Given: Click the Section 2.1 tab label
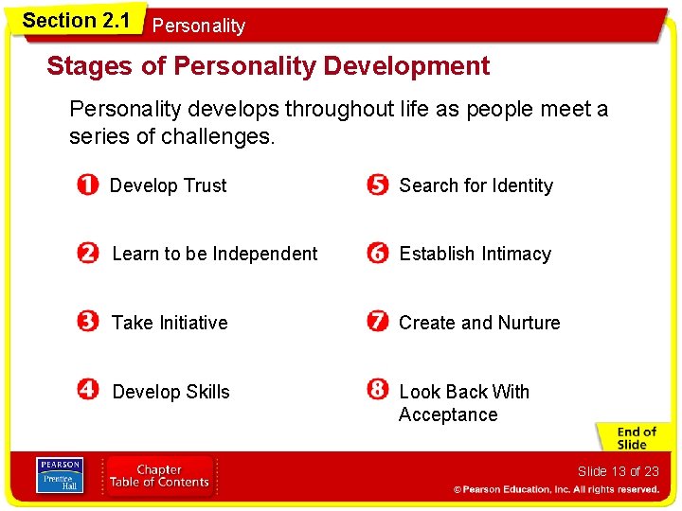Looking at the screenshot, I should click(76, 20).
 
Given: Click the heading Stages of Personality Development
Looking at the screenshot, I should click(268, 66).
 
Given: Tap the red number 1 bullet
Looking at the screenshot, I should click(87, 185).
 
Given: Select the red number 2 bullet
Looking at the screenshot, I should click(88, 254).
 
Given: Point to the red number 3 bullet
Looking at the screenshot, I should click(88, 323).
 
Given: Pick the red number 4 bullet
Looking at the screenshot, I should click(88, 391).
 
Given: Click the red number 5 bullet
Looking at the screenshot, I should click(378, 185).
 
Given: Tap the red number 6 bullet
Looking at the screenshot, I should click(378, 254).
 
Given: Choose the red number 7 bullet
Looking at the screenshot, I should click(378, 323).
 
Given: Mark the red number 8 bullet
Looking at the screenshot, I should click(378, 391).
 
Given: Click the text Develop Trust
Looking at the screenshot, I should click(169, 185).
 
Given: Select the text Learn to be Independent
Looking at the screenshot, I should click(215, 254).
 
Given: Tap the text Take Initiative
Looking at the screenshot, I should click(170, 323).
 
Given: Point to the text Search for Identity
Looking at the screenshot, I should click(476, 185).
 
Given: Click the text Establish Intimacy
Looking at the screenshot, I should click(475, 254).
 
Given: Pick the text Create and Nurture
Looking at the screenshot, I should click(479, 323).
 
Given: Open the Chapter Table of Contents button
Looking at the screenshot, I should click(159, 476).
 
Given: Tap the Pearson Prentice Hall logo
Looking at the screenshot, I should click(59, 476).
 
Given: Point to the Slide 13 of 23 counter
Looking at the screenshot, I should click(618, 471).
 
